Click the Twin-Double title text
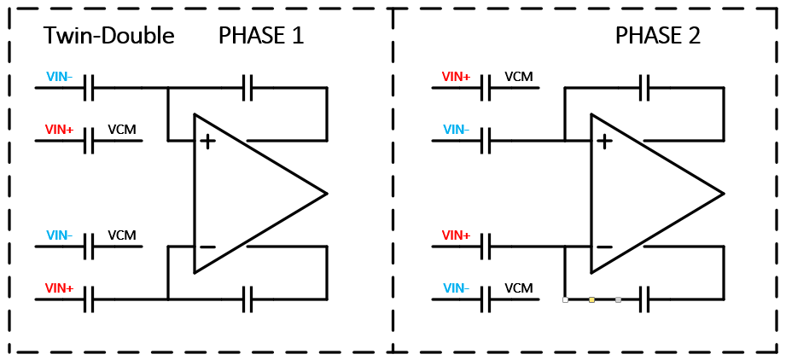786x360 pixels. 108,36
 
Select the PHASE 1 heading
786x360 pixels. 261,36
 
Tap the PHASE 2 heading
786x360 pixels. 658,36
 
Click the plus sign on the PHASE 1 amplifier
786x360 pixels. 207,141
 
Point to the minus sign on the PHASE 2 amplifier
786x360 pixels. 604,248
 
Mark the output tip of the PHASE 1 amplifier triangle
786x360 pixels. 326,194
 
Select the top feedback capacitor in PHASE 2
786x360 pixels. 645,86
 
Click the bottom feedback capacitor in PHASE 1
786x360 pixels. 248,299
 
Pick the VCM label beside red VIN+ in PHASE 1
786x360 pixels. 122,130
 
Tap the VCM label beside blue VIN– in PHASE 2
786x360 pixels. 519,288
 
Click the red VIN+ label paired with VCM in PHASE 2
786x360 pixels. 456,77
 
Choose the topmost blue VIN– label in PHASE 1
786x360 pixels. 60,77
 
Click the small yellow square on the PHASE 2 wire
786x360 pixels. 591,299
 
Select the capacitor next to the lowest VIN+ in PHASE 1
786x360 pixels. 89,299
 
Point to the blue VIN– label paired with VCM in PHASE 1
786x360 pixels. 60,235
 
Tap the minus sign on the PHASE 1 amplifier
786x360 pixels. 207,248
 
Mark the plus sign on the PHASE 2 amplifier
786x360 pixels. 604,141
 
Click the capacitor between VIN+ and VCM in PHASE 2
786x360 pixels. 486,87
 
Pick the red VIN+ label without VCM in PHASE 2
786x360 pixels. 456,235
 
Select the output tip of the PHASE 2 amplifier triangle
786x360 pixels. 723,194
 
